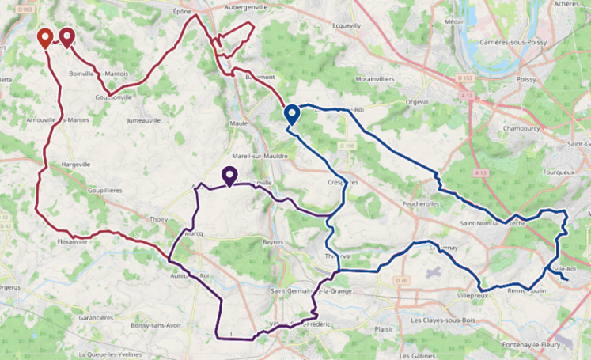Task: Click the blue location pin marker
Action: pos(291,115)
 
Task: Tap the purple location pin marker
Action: pos(229,176)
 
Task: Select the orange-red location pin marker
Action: pos(45,38)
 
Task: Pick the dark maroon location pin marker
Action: pos(66,37)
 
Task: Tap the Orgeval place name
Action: pos(417,102)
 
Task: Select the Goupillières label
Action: pos(104,191)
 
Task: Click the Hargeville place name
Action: pos(75,165)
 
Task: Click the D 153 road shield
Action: pos(464,78)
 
